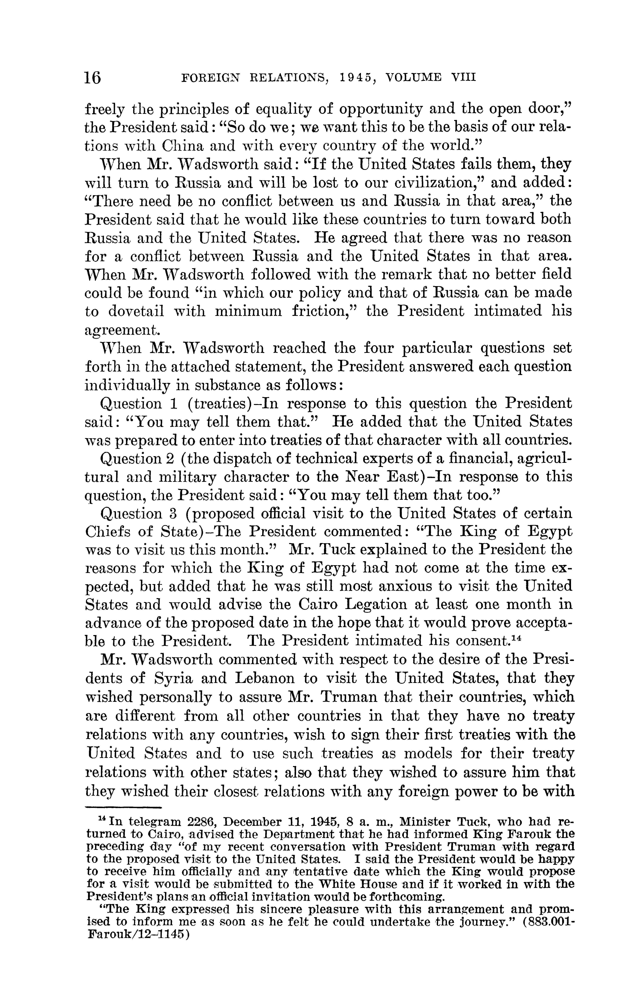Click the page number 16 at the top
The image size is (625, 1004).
coord(93,77)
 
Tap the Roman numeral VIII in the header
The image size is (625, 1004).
coord(464,77)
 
